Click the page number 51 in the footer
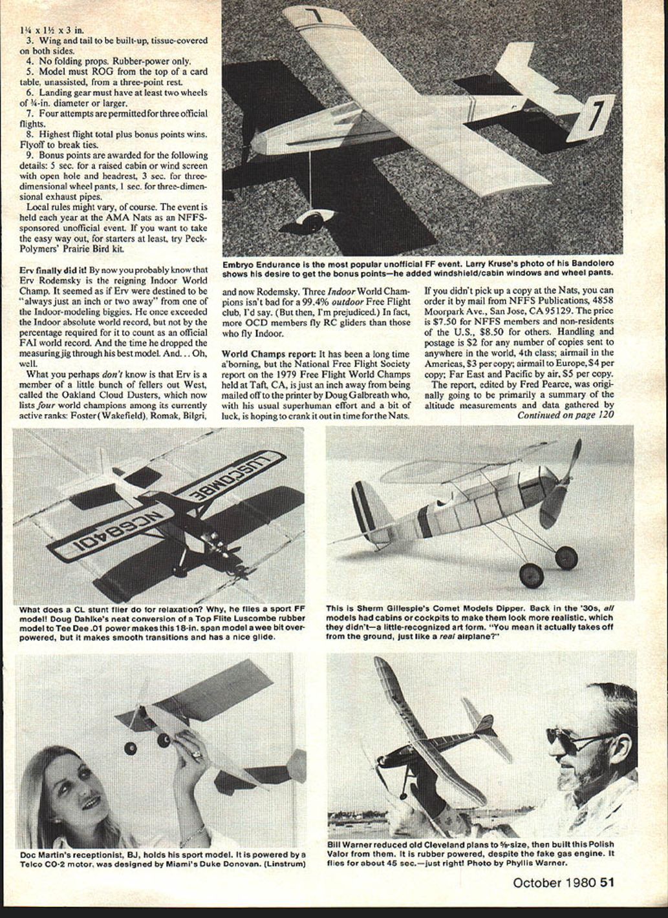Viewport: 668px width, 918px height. click(x=607, y=883)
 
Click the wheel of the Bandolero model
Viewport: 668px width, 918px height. click(x=313, y=222)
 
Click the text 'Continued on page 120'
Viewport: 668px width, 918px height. click(x=565, y=415)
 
